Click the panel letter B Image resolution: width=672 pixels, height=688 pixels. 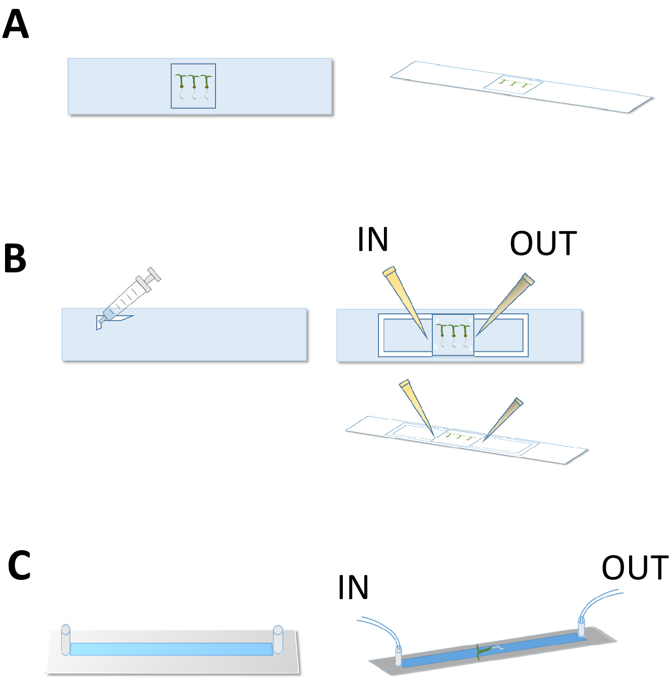[x=15, y=258]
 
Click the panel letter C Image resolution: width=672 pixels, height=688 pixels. [x=19, y=565]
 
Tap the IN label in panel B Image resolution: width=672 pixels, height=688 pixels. [x=373, y=239]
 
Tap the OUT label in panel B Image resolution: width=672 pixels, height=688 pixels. [x=543, y=244]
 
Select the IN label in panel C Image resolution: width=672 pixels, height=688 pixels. [x=353, y=587]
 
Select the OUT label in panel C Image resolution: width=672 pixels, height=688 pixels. [x=635, y=568]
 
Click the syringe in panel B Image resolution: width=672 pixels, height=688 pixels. [x=129, y=297]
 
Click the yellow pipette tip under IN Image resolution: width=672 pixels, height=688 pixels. [x=405, y=302]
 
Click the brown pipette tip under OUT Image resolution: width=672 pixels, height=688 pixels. [x=505, y=305]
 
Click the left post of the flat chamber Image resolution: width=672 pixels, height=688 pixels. [x=66, y=640]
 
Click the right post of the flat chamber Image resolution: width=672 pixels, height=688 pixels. [x=278, y=640]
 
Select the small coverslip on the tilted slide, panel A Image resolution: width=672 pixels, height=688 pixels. [x=513, y=85]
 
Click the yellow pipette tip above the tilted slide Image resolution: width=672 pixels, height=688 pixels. [x=416, y=407]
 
